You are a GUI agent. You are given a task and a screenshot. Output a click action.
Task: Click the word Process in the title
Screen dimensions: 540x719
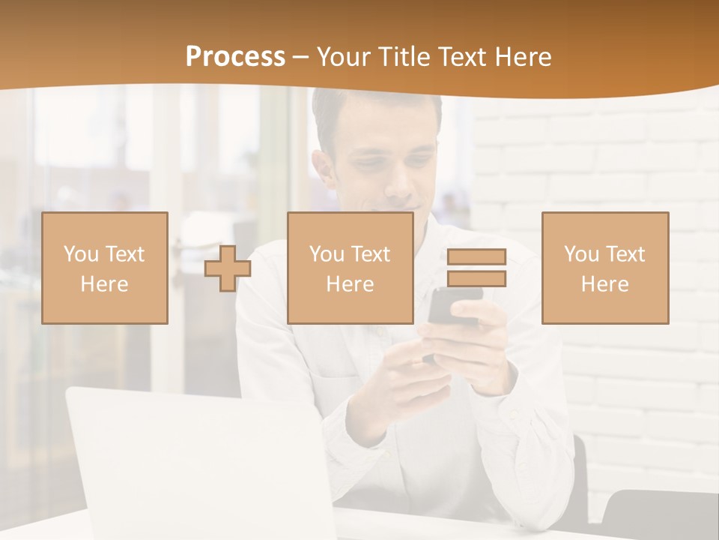pyautogui.click(x=235, y=57)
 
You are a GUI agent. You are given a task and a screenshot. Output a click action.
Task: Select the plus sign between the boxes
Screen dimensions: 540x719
pyautogui.click(x=228, y=268)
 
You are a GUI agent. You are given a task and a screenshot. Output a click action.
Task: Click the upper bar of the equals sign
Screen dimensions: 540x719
pyautogui.click(x=476, y=256)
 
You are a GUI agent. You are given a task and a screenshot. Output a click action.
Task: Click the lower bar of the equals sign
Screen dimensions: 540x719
pyautogui.click(x=476, y=278)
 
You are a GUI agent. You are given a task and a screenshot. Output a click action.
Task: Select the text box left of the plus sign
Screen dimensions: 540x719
pyautogui.click(x=105, y=268)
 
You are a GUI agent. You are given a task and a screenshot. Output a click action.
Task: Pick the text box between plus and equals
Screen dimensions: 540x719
pyautogui.click(x=350, y=268)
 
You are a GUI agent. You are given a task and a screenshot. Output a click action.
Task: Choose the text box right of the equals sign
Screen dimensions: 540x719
pyautogui.click(x=604, y=268)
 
